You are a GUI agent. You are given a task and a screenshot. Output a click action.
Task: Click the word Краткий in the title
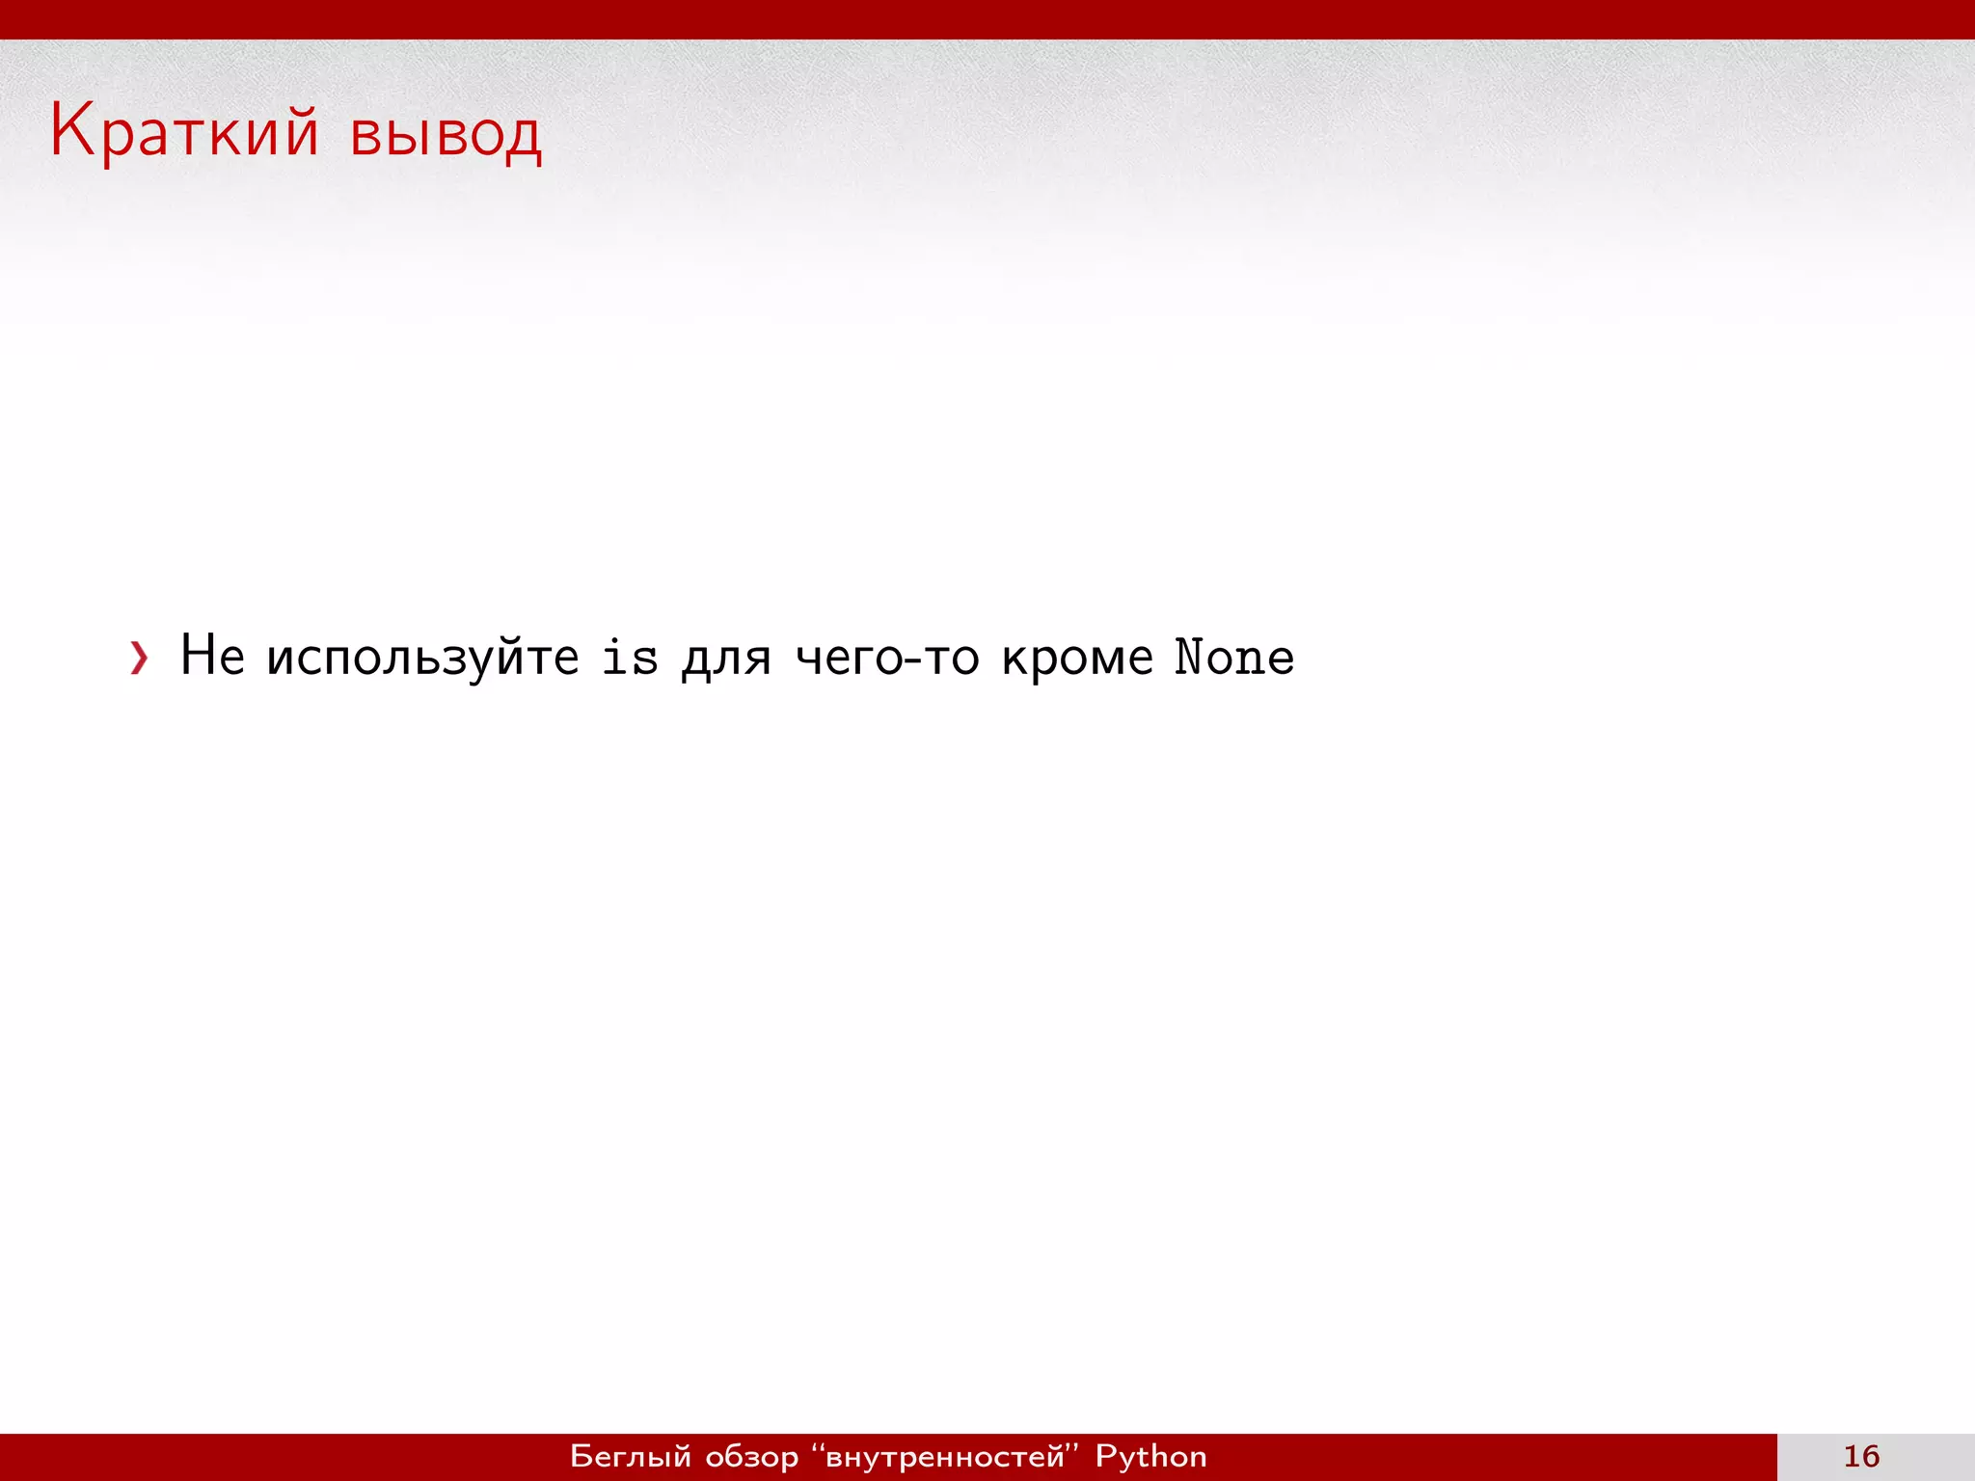pyautogui.click(x=183, y=132)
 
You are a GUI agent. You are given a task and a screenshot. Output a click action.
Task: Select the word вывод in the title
pyautogui.click(x=446, y=136)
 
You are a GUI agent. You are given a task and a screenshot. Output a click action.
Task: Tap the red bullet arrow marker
pyautogui.click(x=140, y=659)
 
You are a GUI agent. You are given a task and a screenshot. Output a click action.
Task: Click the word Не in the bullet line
pyautogui.click(x=212, y=656)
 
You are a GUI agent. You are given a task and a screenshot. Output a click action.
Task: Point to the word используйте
pyautogui.click(x=422, y=660)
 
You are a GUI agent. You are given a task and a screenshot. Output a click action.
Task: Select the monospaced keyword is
pyautogui.click(x=630, y=658)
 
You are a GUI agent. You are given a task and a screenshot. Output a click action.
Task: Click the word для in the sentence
pyautogui.click(x=726, y=660)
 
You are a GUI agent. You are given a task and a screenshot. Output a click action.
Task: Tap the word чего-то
pyautogui.click(x=887, y=660)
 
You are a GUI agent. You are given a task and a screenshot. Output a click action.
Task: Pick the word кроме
pyautogui.click(x=1077, y=660)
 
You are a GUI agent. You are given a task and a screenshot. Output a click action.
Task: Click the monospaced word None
pyautogui.click(x=1234, y=658)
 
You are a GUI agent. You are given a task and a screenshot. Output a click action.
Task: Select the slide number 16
pyautogui.click(x=1861, y=1456)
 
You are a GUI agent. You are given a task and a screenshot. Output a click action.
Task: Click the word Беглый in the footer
pyautogui.click(x=631, y=1456)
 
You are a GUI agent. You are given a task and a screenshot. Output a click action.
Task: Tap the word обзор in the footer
pyautogui.click(x=752, y=1457)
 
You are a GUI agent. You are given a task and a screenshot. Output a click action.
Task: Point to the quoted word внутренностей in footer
pyautogui.click(x=945, y=1456)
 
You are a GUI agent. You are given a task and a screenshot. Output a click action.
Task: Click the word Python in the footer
pyautogui.click(x=1150, y=1457)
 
